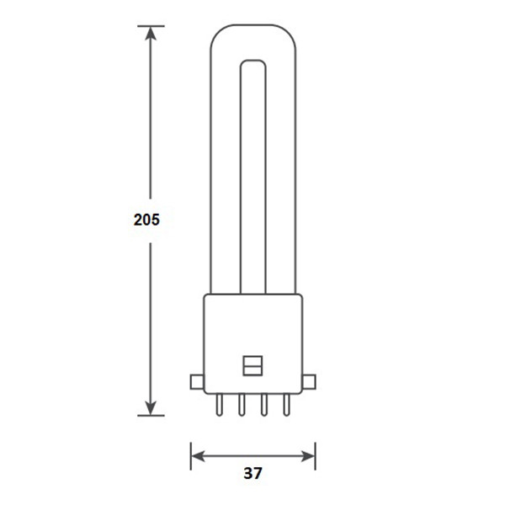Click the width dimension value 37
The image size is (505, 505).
tap(252, 474)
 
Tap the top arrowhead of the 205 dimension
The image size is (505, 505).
tap(151, 35)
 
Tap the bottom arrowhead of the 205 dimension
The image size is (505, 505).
tap(151, 407)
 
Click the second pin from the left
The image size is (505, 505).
tap(241, 406)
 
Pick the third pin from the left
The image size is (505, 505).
tap(263, 406)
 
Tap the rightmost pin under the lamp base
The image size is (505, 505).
tap(285, 406)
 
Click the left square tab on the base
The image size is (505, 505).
tap(197, 382)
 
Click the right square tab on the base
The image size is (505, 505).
tap(308, 382)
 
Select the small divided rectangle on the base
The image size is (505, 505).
tap(252, 364)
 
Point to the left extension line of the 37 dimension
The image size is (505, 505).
tap(191, 454)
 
